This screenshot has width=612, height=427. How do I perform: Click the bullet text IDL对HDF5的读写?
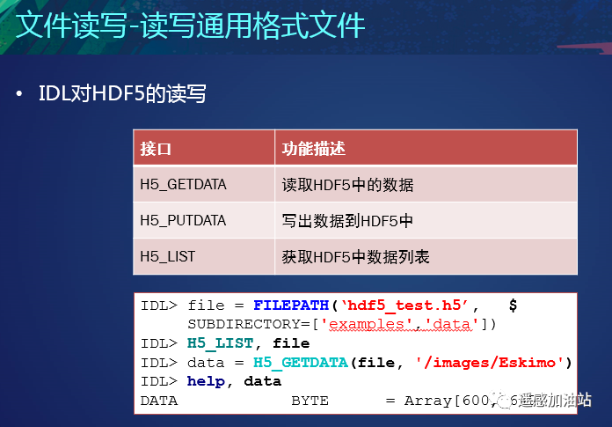(122, 93)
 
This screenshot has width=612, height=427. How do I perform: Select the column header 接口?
(156, 148)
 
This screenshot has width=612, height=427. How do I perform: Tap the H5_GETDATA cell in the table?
(183, 185)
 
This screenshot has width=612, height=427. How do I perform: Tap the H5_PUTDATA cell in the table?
(183, 221)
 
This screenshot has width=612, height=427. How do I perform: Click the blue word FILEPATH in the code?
(291, 306)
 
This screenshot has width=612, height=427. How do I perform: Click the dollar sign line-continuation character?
(513, 306)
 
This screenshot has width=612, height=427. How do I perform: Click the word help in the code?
(205, 380)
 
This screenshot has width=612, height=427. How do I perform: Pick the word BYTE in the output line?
(310, 400)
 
